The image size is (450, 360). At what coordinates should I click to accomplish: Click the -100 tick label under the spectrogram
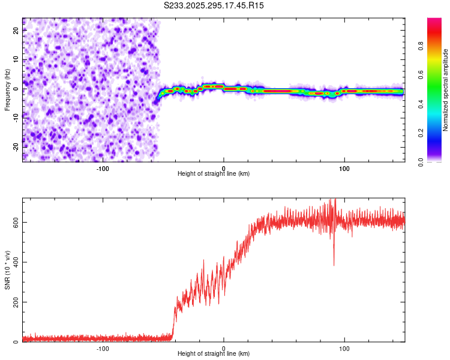103,168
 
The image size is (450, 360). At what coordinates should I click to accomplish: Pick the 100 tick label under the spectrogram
344,168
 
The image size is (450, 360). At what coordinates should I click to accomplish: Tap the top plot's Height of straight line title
214,174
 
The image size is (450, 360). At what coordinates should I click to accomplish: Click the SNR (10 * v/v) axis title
7,270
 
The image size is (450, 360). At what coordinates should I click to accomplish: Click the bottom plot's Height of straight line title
214,354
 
